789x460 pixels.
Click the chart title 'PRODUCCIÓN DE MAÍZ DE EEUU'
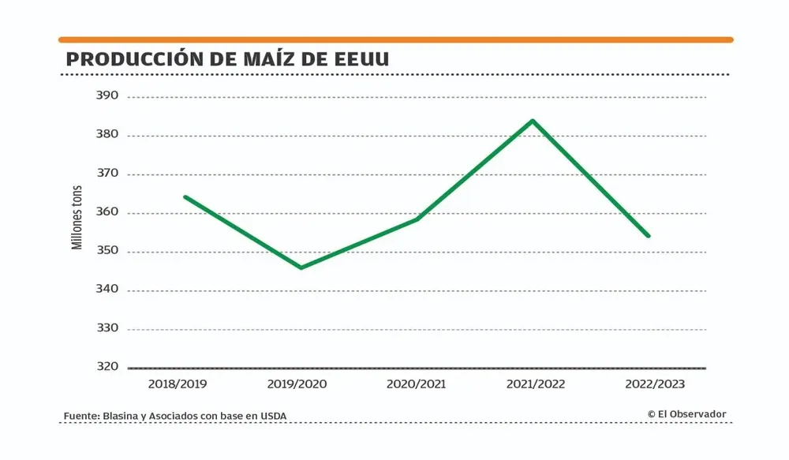tap(227, 60)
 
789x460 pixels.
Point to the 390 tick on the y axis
tap(107, 95)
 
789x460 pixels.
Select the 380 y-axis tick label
tap(107, 134)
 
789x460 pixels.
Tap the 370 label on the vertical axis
tap(107, 173)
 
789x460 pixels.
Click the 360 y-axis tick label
tap(107, 211)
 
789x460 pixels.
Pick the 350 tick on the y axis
tap(107, 251)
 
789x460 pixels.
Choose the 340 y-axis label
tap(107, 289)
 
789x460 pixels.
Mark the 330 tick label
tap(107, 328)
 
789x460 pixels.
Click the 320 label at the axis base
tap(107, 366)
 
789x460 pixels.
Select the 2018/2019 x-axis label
tap(178, 384)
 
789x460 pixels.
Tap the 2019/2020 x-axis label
tap(297, 384)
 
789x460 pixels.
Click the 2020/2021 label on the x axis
tap(416, 384)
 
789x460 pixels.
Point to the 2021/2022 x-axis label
tap(535, 384)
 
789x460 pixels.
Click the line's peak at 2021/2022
tap(533, 121)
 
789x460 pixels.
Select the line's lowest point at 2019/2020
tap(301, 267)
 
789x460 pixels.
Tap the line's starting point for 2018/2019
tap(185, 196)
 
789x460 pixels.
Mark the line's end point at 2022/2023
tap(649, 235)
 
